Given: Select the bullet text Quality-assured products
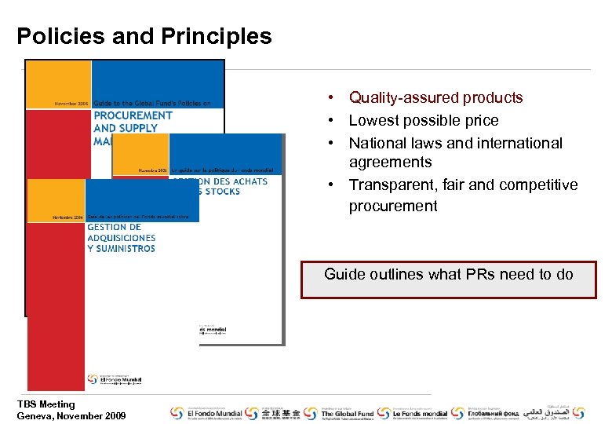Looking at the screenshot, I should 435,97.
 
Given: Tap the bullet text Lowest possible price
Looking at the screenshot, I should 423,120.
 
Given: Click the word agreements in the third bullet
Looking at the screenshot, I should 390,163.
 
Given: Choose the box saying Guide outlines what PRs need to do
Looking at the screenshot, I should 448,280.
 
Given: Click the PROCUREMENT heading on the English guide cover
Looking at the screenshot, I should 133,115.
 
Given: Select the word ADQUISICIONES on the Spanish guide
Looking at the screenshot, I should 122,238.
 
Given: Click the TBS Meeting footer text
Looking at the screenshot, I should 46,404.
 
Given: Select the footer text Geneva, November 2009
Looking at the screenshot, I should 71,415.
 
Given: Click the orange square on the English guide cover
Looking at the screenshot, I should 59,83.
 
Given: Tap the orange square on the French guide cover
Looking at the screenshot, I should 141,154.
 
